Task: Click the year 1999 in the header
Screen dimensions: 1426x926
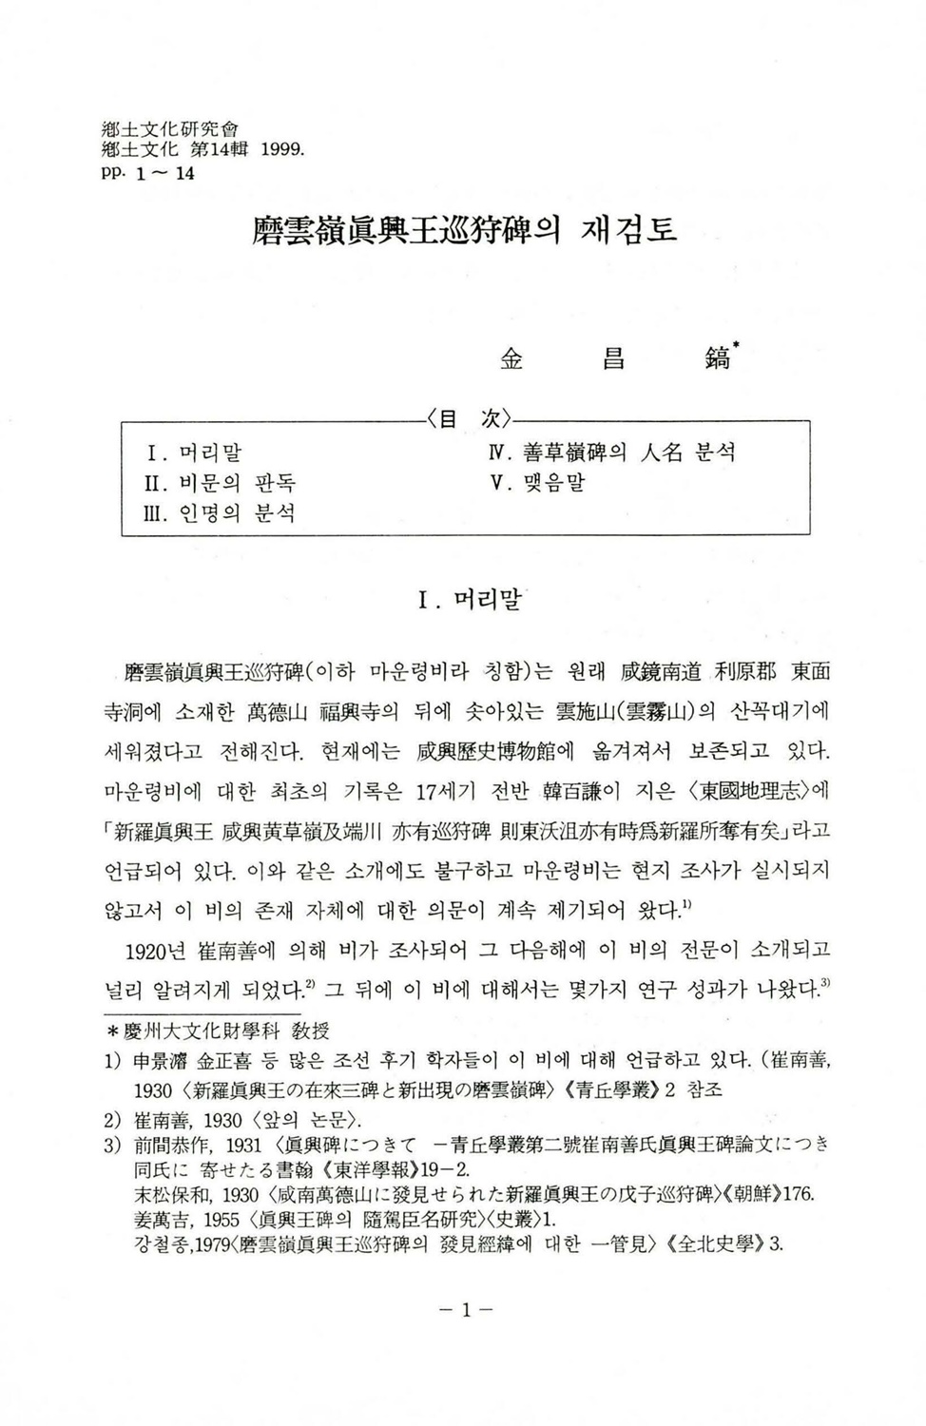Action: (x=281, y=149)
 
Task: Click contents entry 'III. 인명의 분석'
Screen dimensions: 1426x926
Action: (x=215, y=513)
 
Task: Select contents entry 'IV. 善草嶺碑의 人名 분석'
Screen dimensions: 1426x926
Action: (x=611, y=453)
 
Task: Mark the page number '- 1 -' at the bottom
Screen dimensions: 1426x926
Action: (x=466, y=1310)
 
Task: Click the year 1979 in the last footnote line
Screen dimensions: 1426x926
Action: (x=208, y=1244)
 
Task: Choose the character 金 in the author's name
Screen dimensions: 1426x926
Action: (x=511, y=358)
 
